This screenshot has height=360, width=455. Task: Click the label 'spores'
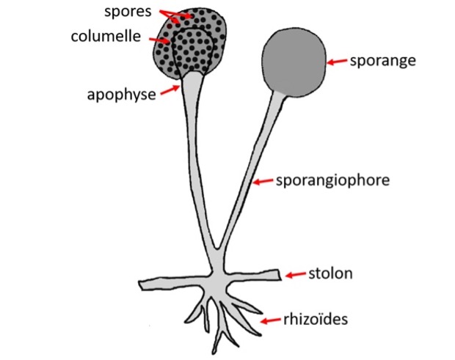pyautogui.click(x=128, y=12)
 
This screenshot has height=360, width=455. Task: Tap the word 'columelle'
pyautogui.click(x=106, y=36)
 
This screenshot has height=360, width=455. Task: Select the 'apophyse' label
pyautogui.click(x=122, y=95)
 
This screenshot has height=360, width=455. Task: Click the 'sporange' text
pyautogui.click(x=383, y=61)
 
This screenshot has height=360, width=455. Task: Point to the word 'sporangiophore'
pyautogui.click(x=332, y=180)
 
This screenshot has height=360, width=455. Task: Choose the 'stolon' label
pyautogui.click(x=330, y=273)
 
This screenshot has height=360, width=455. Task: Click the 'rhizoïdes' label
pyautogui.click(x=316, y=319)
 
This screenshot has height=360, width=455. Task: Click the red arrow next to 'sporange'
pyautogui.click(x=337, y=62)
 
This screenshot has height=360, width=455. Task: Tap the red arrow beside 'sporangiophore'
pyautogui.click(x=263, y=181)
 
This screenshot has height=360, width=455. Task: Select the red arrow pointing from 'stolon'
pyautogui.click(x=296, y=274)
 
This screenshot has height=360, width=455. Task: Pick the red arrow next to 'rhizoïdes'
pyautogui.click(x=271, y=320)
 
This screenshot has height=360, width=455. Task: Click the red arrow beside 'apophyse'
pyautogui.click(x=170, y=89)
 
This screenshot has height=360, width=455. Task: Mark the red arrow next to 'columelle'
pyautogui.click(x=159, y=40)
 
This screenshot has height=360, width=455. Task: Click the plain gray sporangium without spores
pyautogui.click(x=294, y=62)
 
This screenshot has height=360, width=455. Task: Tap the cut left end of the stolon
pyautogui.click(x=140, y=285)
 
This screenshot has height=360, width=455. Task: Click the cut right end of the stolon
pyautogui.click(x=280, y=275)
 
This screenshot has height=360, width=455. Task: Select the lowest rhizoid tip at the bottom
pyautogui.click(x=214, y=352)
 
